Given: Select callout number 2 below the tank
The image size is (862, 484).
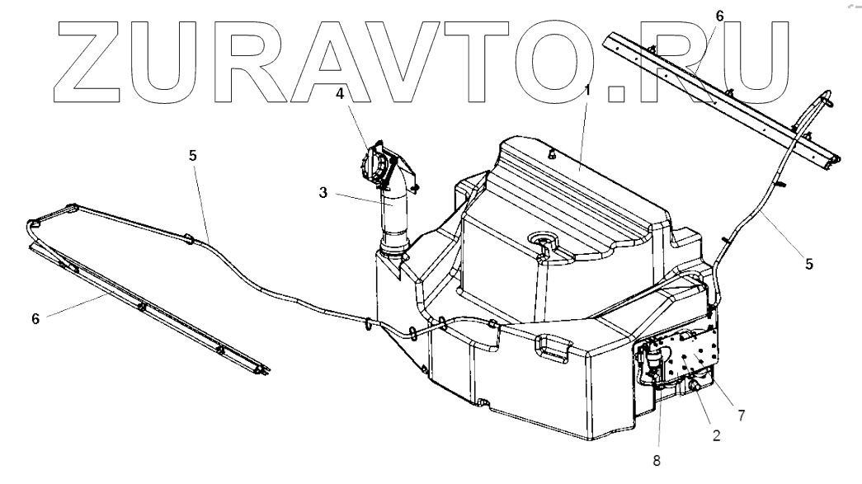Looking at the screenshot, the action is point(716,436).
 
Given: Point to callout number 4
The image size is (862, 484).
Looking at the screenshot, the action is point(340,93).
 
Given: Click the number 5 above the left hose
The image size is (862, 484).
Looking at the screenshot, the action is point(192,154).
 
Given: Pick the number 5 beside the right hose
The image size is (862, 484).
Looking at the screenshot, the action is point(809,264).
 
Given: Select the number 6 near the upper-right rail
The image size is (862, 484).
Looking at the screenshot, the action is point(720,15).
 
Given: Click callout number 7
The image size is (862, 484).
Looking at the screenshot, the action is point(741,416).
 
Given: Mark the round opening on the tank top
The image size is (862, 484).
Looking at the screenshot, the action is point(542,241).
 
